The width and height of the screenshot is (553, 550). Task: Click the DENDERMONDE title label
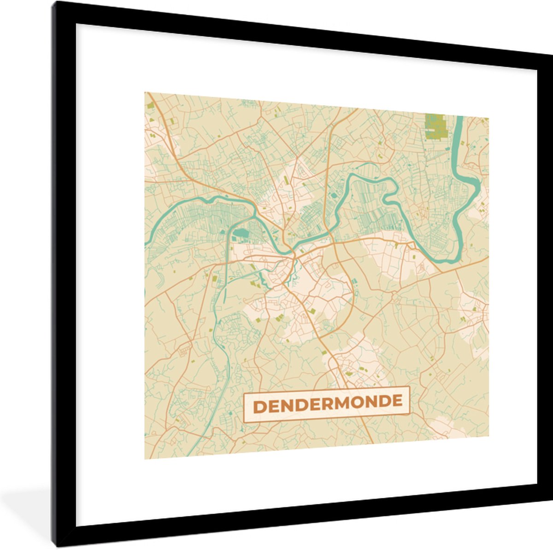[326, 404]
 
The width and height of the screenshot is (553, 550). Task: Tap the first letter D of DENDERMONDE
[259, 407]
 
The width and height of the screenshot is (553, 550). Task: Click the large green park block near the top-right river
[435, 126]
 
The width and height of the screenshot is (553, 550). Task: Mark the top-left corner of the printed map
[145, 93]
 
